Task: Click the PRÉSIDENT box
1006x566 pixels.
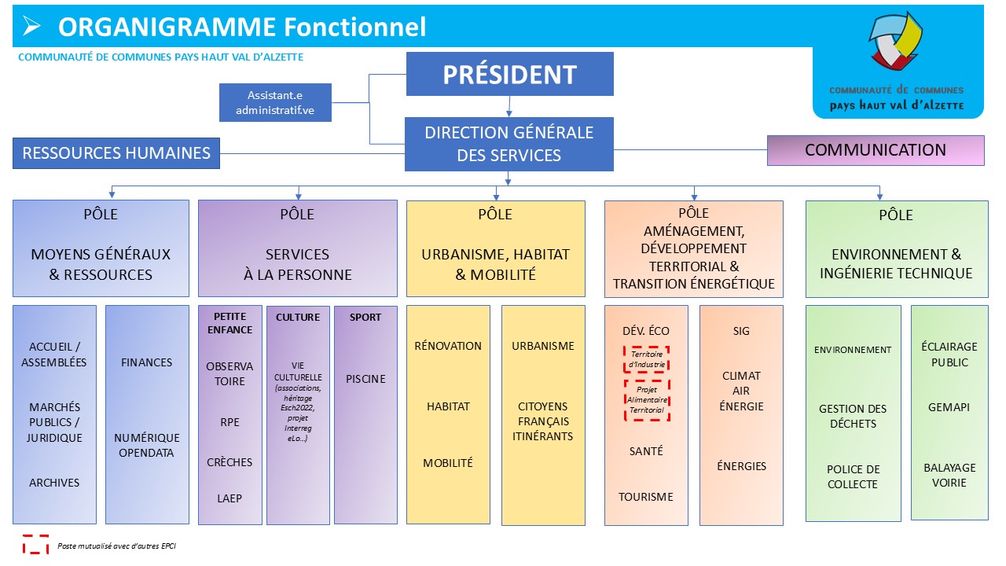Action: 509,74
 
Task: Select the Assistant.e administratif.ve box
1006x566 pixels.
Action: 275,102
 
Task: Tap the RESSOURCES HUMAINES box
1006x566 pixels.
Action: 116,153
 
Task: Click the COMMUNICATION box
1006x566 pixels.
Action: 875,150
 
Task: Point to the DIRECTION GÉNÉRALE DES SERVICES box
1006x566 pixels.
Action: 509,144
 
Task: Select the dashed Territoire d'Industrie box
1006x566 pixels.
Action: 646,359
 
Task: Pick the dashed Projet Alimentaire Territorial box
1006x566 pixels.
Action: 646,399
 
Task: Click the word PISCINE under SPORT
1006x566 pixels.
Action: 365,379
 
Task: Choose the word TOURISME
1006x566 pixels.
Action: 645,497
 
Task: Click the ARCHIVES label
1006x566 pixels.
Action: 54,483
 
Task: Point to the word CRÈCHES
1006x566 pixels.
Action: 229,462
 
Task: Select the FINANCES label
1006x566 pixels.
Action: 146,362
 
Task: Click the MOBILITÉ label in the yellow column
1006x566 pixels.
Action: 448,463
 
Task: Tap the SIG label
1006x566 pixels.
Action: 741,331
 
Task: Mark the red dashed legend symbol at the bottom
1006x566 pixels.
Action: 35,544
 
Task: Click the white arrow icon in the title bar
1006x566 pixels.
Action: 31,27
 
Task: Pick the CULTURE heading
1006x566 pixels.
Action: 298,318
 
